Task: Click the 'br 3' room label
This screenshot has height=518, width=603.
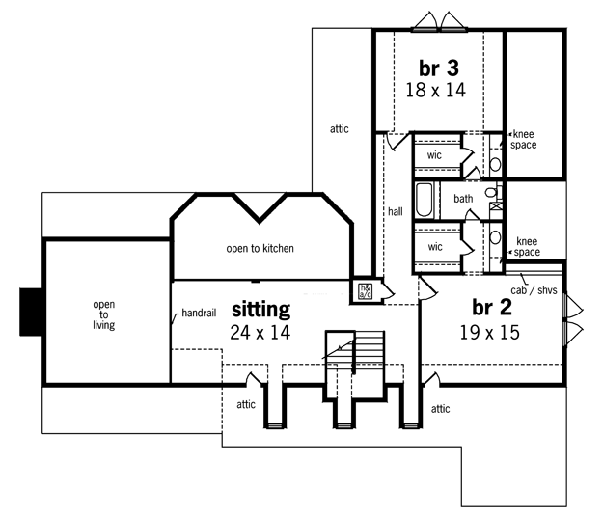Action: tap(439, 68)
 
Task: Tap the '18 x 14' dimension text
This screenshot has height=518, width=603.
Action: tap(436, 90)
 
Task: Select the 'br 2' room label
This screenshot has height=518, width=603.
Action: tap(492, 308)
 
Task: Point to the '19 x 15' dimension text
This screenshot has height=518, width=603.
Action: tap(489, 332)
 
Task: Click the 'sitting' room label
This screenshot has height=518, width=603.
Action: tap(260, 310)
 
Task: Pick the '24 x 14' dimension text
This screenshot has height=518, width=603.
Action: tap(260, 332)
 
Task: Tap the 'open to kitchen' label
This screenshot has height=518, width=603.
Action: tap(260, 249)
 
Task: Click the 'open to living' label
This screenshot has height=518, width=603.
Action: tap(104, 314)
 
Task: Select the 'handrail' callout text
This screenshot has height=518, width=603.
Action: tap(199, 314)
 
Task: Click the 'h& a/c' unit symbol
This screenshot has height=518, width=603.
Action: tap(365, 291)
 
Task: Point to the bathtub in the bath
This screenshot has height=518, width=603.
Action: tap(425, 200)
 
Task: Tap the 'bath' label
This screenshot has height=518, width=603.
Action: tap(463, 199)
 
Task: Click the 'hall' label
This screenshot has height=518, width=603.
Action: tap(396, 211)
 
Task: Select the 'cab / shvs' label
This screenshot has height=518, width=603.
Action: tap(534, 290)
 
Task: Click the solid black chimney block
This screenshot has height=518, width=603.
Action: tap(31, 312)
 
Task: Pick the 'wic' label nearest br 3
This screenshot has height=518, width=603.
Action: tap(434, 155)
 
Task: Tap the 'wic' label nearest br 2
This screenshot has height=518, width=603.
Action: tap(435, 247)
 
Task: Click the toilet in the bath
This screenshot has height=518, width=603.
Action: tap(491, 192)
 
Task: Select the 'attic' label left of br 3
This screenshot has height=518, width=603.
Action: tap(340, 129)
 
